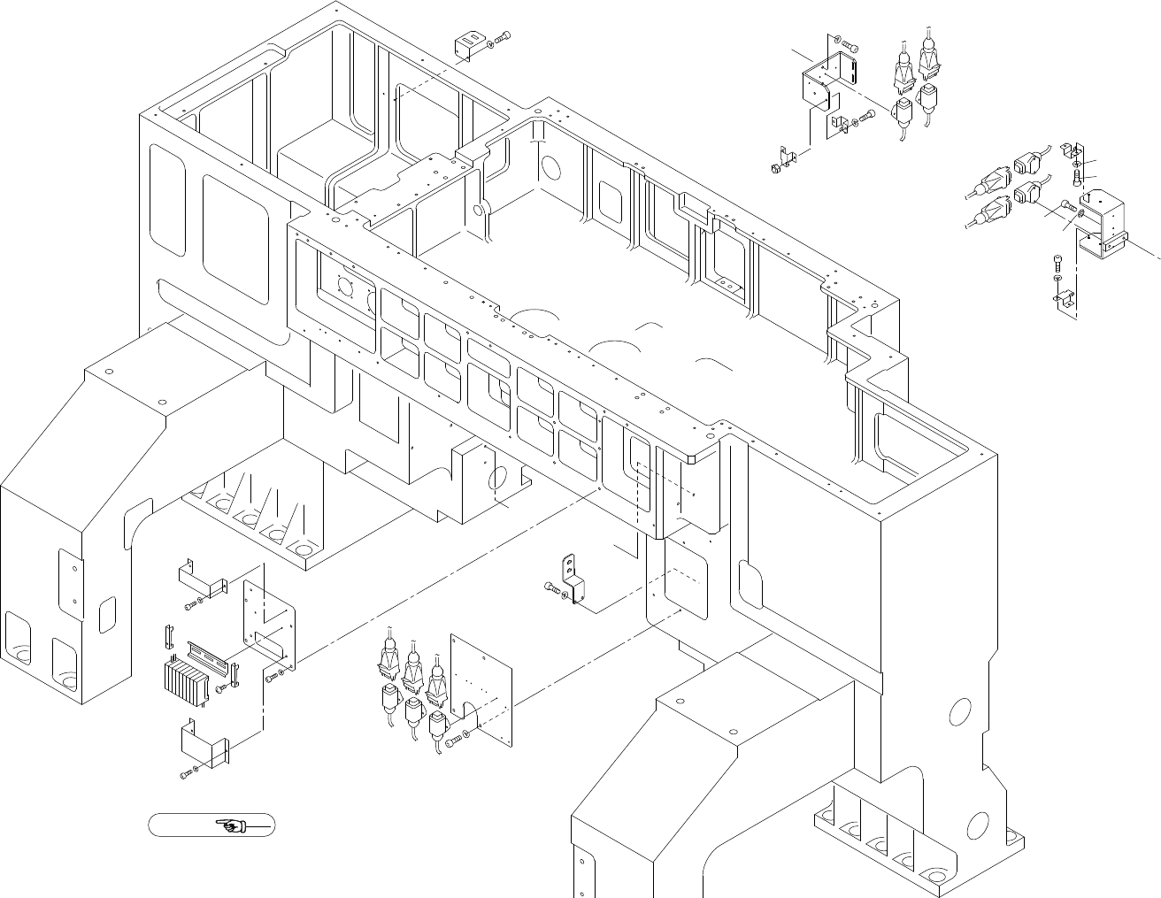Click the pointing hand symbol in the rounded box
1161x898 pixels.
click(232, 826)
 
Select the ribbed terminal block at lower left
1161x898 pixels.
click(186, 680)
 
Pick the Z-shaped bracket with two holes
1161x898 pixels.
click(574, 579)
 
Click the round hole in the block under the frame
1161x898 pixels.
click(497, 483)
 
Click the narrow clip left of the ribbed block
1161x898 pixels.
click(165, 636)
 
